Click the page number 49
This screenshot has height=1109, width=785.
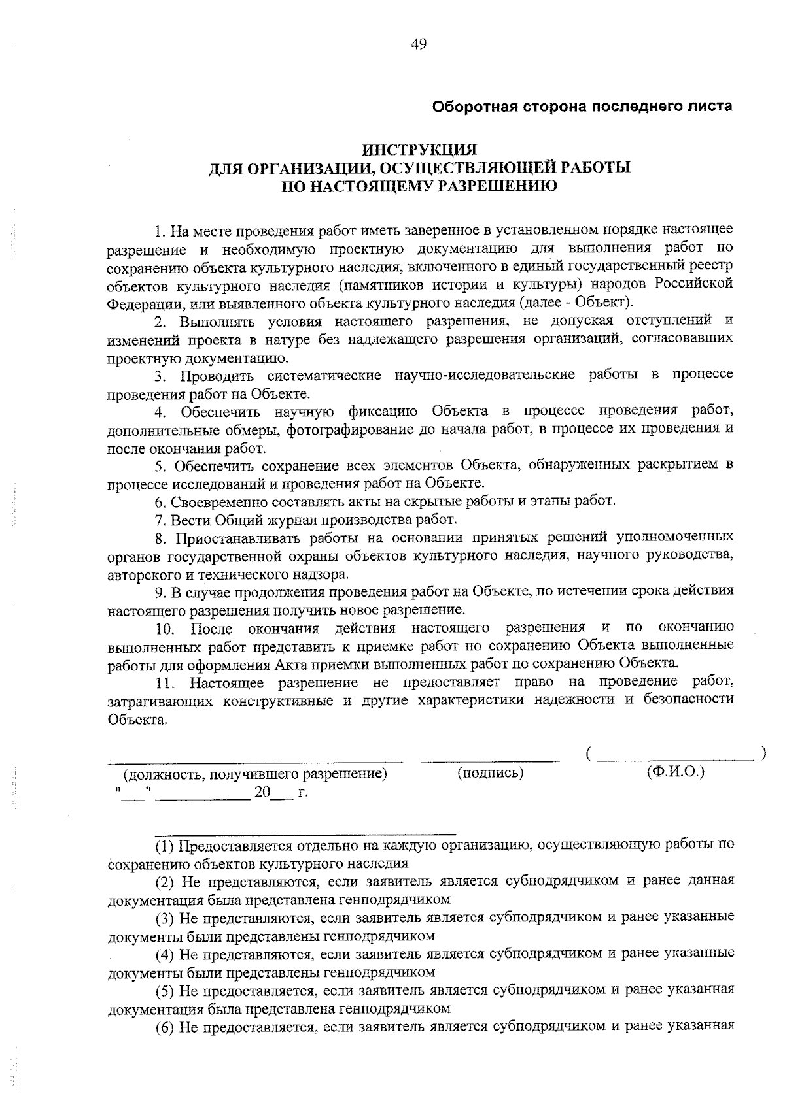coord(419,44)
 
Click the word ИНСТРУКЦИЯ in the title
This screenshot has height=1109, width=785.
coord(419,150)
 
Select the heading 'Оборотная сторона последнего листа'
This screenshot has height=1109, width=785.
coord(583,106)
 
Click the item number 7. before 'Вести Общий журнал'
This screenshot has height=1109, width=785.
coord(160,520)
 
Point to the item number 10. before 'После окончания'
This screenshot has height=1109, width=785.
coord(165,629)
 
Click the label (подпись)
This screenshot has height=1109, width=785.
coord(491,773)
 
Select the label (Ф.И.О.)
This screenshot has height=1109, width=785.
coord(675,771)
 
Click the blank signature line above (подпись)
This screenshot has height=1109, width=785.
coord(491,760)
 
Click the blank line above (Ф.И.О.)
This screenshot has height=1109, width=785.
coord(676,759)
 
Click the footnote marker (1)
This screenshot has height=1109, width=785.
coord(165,846)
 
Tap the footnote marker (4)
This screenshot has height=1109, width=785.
coord(165,954)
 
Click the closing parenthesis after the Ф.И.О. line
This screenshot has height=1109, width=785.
coord(763,753)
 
